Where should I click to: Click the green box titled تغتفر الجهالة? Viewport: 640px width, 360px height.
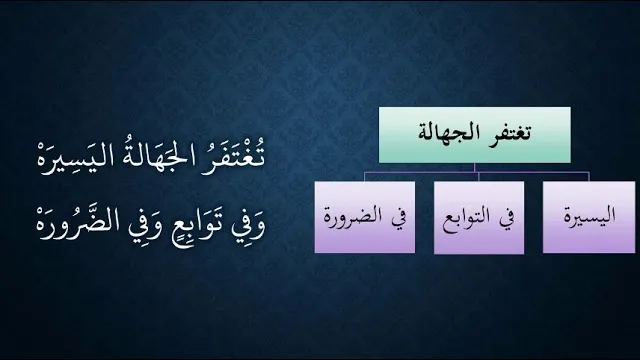[x=475, y=135]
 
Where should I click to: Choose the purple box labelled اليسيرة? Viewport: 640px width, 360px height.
[x=589, y=217]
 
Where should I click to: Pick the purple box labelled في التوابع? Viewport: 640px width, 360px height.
[x=479, y=218]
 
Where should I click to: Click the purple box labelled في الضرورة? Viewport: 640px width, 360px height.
[x=365, y=217]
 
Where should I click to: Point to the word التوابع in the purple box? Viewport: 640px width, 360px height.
[x=467, y=218]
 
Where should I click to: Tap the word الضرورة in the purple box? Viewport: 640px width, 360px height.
[x=353, y=216]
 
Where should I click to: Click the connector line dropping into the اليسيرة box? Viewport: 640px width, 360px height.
[x=589, y=177]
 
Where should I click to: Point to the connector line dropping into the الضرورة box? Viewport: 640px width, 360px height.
[x=365, y=177]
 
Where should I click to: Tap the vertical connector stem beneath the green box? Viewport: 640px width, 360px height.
[x=475, y=168]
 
